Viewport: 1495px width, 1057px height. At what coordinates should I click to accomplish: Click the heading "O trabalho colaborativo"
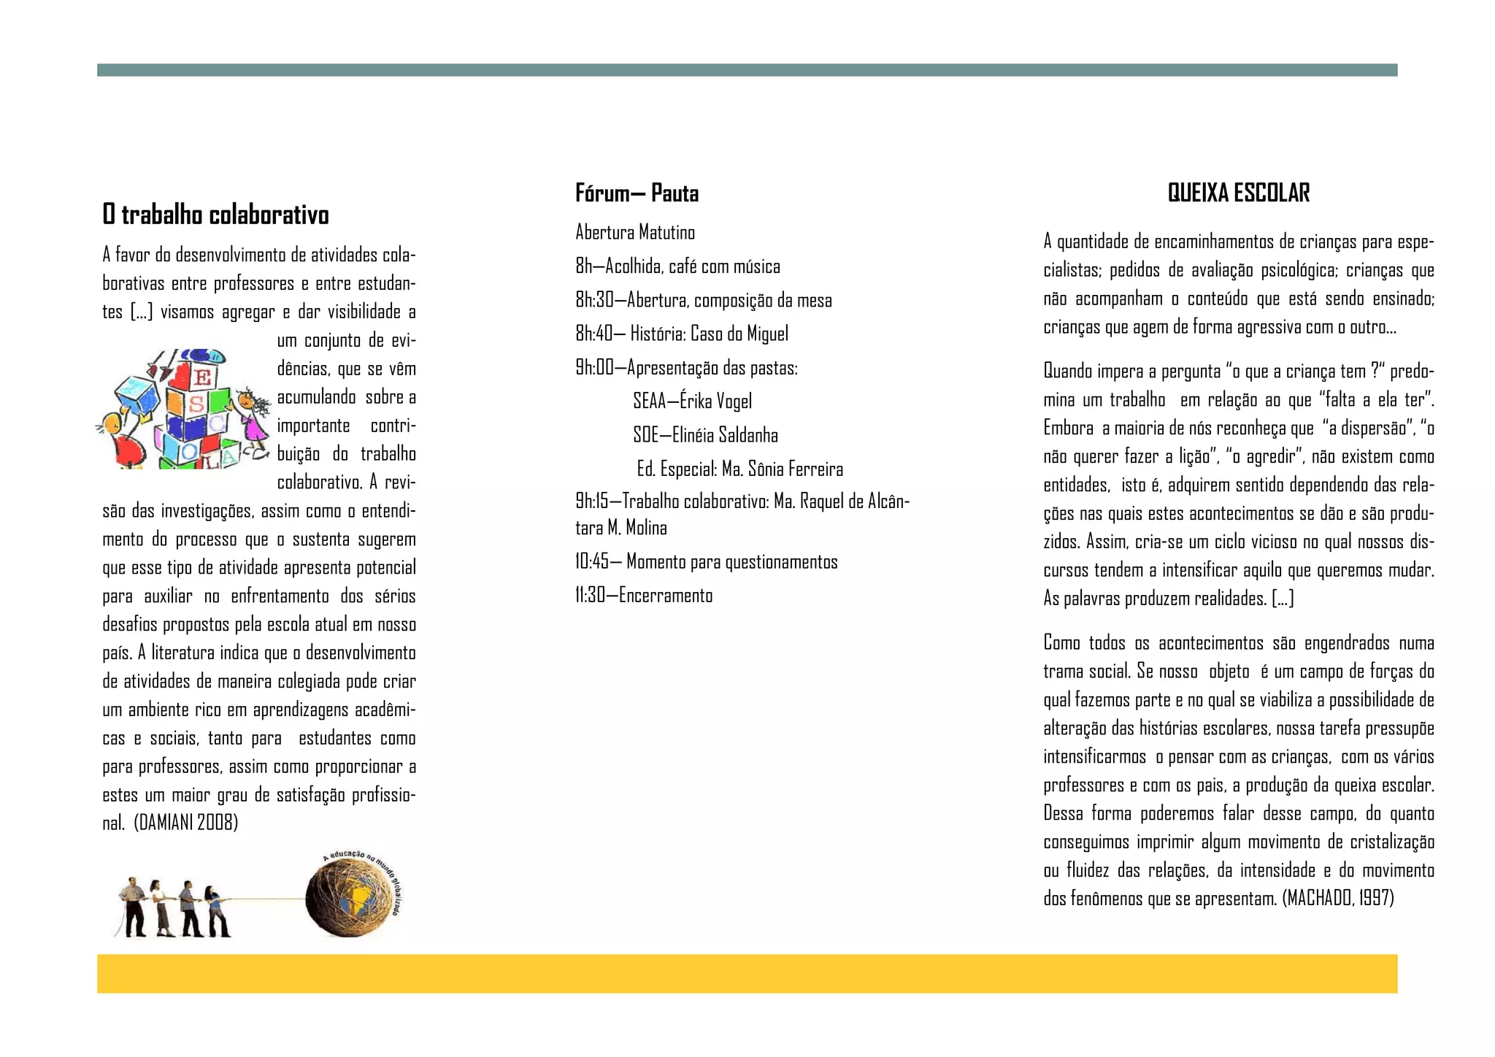215,215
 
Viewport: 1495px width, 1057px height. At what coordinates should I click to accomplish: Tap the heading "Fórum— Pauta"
637,193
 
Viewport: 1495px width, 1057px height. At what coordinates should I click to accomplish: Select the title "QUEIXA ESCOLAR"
1238,193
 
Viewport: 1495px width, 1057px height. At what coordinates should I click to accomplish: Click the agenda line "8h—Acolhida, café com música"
677,266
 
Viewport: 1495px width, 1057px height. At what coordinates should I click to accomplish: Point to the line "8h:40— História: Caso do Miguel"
682,334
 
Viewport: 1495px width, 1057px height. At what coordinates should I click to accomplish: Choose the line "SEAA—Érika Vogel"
692,401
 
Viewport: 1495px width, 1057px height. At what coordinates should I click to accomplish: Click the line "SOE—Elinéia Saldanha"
705,435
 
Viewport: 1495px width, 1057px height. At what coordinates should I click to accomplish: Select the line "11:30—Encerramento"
644,595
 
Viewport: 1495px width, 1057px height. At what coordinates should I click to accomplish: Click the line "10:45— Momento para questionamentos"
706,561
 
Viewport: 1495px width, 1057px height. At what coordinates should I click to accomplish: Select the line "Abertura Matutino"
635,232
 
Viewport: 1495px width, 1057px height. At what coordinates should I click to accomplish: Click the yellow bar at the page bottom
747,973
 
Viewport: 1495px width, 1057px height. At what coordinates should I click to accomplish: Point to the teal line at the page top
747,70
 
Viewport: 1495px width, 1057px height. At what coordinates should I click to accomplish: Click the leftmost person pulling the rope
133,907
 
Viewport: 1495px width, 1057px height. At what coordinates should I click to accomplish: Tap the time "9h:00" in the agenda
594,367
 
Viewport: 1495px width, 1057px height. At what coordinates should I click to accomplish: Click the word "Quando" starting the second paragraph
1067,371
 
